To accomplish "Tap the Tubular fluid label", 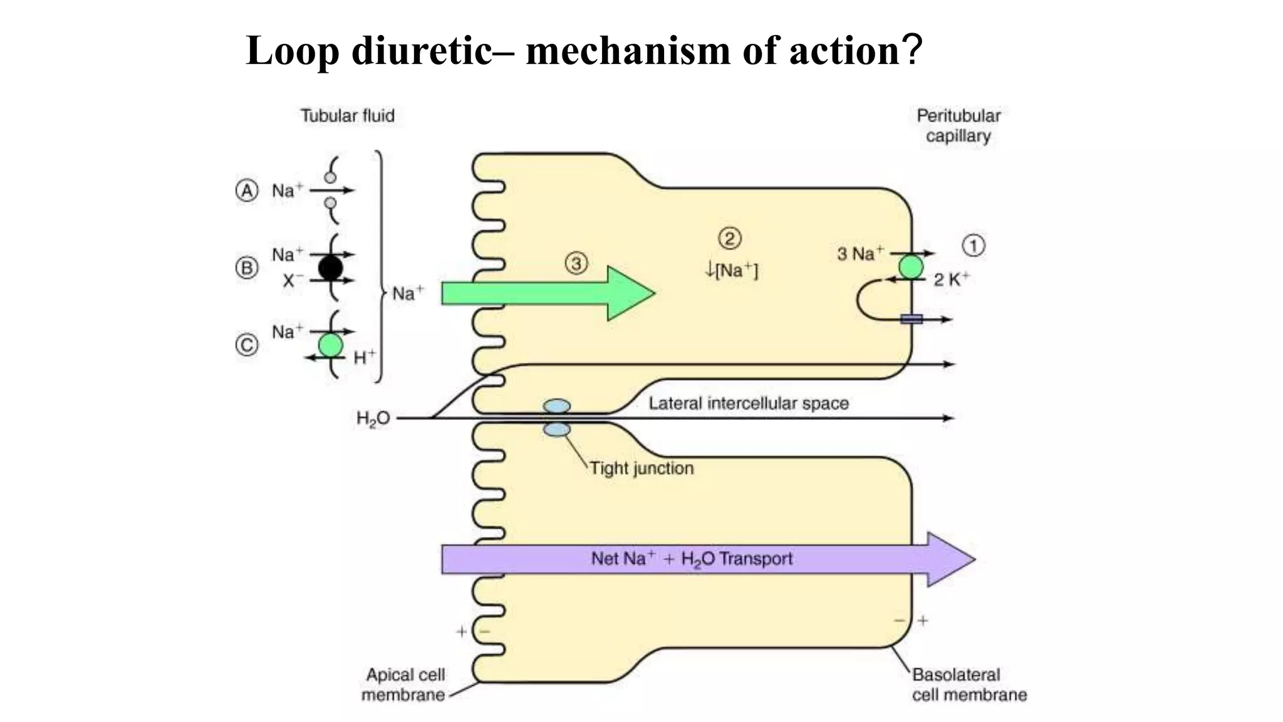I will pos(348,116).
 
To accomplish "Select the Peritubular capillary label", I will pos(958,126).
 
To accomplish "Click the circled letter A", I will pos(247,191).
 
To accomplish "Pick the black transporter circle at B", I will pos(331,268).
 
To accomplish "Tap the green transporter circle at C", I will pos(331,345).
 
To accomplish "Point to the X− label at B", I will pos(289,281).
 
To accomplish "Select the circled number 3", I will pos(576,263).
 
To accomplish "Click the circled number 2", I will pos(730,238).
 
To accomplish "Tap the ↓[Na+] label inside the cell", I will pos(731,271).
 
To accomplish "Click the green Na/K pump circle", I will pos(911,267).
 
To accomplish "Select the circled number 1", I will pos(974,246).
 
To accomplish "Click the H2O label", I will pos(373,419).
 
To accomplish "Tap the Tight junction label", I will pos(641,469).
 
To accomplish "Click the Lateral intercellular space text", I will pos(749,404).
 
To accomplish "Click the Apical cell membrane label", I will pos(405,685).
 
